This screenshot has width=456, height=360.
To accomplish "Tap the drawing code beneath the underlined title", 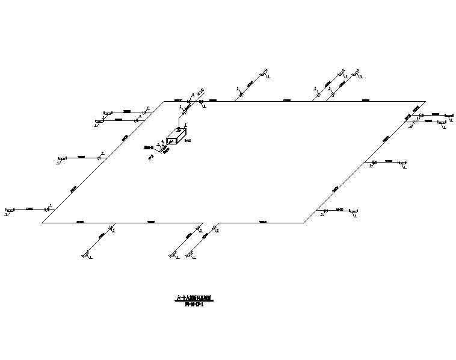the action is (x=194, y=305).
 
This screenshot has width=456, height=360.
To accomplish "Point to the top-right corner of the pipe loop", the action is (x=425, y=101).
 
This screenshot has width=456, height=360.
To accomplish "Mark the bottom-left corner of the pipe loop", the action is (x=42, y=223).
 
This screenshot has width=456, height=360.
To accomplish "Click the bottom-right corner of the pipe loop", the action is (x=304, y=223).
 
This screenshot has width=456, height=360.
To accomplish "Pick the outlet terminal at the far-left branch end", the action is (x=9, y=210).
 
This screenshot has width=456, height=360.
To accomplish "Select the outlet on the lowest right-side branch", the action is (x=355, y=212).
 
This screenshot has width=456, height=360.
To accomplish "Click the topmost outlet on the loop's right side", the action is (x=447, y=114).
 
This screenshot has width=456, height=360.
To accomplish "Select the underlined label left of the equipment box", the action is (x=149, y=146).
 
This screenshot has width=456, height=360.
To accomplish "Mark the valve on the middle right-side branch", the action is (x=374, y=162).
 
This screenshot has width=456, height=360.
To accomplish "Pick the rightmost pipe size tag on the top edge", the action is (x=365, y=100).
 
